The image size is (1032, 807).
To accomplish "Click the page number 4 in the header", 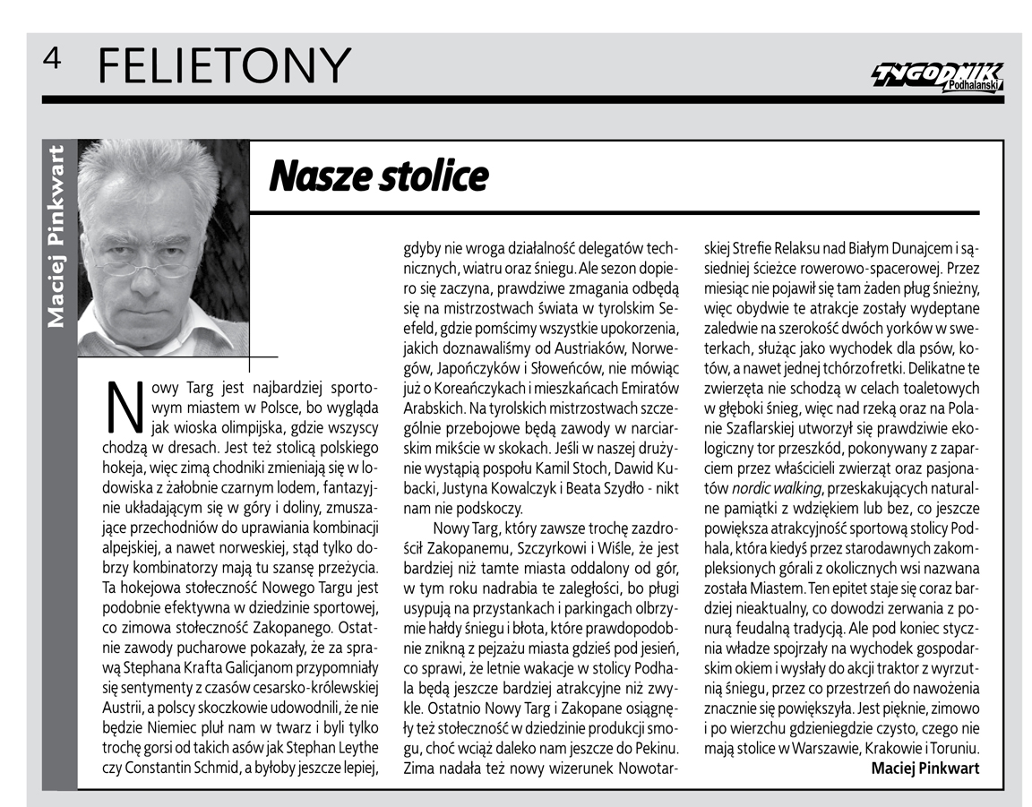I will point(51,58).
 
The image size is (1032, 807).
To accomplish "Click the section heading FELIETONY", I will point(222,65).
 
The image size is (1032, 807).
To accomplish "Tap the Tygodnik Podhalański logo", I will point(938,76).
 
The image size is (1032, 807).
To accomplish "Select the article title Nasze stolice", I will point(378,176).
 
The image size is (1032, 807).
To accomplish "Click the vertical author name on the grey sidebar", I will point(56,235).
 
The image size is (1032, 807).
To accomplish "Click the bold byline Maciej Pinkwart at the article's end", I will point(924,768).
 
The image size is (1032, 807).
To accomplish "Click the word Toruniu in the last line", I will point(952,748).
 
